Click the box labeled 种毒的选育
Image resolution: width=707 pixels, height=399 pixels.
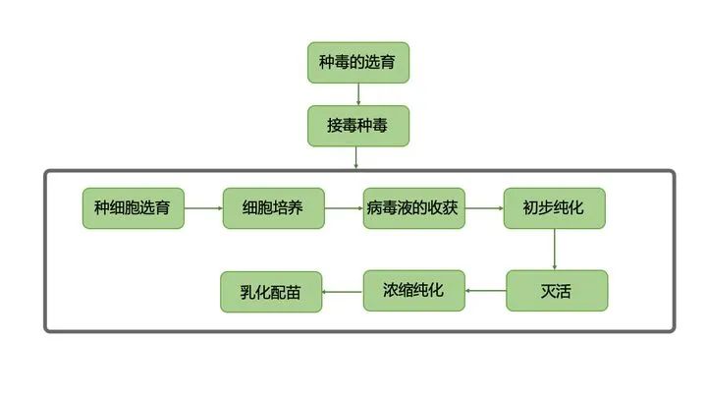(358, 63)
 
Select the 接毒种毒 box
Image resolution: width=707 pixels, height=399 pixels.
(358, 126)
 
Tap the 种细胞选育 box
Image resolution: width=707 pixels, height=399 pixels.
(133, 208)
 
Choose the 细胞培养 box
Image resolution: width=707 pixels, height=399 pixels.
(273, 208)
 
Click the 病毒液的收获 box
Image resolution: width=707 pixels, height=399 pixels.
(413, 208)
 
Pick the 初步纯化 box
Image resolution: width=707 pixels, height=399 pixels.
(555, 208)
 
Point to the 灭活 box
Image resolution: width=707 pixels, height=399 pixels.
(556, 291)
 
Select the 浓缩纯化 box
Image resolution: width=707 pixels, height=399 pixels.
(413, 291)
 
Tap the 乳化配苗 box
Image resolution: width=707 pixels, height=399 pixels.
(272, 291)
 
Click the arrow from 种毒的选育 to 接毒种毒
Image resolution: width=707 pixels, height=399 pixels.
(358, 94)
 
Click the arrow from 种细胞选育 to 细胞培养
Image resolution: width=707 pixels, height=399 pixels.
(203, 208)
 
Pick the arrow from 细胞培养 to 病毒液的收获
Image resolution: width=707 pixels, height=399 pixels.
(344, 208)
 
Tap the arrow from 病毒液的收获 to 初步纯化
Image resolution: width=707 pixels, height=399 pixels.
(484, 208)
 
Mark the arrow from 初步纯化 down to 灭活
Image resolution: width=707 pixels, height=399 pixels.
(555, 250)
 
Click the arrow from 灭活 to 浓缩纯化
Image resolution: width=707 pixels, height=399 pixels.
(485, 291)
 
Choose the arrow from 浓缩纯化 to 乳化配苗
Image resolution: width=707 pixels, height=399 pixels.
(344, 291)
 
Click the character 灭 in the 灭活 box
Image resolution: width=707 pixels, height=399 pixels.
(548, 291)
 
